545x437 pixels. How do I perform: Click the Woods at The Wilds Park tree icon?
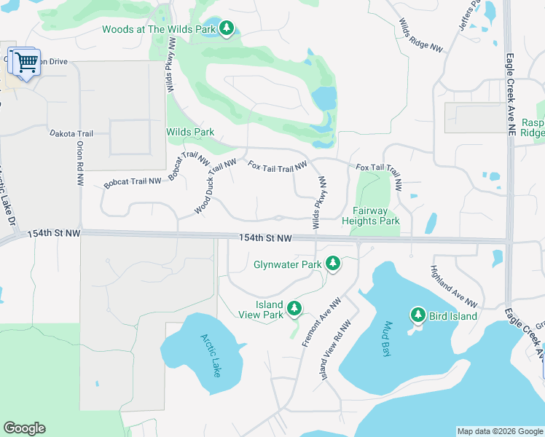227,28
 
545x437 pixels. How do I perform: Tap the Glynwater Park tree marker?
333,264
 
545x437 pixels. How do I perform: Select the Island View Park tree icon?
294,309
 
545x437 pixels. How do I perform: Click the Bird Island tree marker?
417,315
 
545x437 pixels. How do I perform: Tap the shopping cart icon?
26,63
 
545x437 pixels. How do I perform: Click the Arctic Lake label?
211,355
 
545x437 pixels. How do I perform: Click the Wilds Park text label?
190,132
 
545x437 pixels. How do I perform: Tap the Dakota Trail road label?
71,134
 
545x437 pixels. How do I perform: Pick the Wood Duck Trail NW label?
215,186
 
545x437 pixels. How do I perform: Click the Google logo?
24,428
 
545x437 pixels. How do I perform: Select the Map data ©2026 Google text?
499,431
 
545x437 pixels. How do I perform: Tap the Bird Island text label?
452,316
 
